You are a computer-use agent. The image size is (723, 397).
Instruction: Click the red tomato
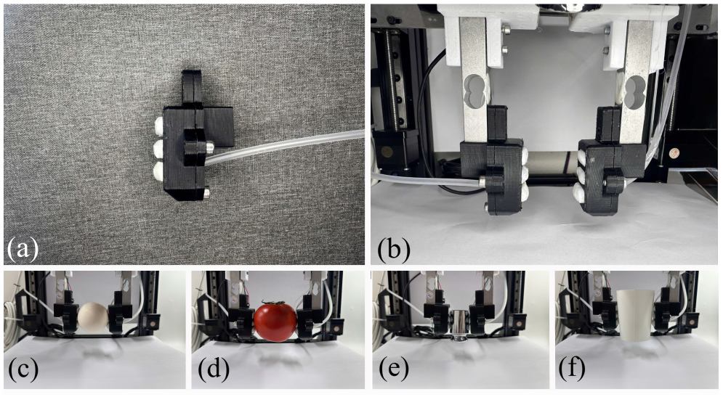point(275,322)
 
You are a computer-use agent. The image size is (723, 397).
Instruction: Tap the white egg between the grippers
point(93,317)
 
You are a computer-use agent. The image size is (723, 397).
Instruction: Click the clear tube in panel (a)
point(286,145)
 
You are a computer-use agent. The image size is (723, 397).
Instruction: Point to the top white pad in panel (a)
point(159,125)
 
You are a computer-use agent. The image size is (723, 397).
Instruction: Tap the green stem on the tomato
point(275,303)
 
